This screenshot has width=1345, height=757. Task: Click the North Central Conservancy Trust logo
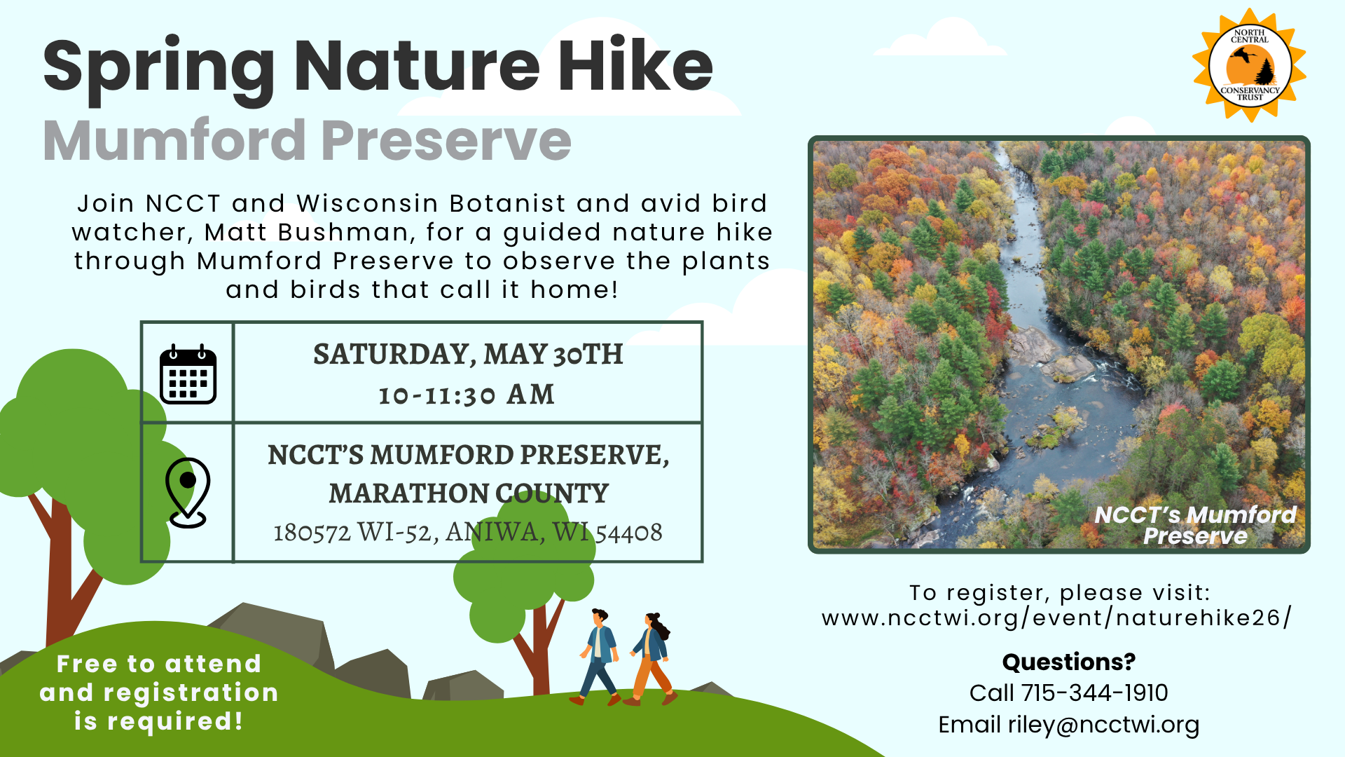point(1250,65)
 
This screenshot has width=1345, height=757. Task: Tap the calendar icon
point(188,374)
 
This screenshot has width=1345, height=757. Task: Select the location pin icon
point(188,492)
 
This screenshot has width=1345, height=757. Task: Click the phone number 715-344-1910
point(1094,693)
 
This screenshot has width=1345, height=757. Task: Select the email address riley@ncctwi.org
point(1103,725)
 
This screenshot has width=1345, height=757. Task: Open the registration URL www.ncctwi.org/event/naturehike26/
point(1056,618)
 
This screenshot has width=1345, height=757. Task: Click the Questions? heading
point(1068,662)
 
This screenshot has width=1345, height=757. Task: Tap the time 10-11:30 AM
point(467,395)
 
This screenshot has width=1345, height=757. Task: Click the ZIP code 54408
point(628,533)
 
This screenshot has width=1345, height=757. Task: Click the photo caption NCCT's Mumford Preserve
point(1195,525)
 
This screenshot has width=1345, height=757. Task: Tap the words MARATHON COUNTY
point(469,493)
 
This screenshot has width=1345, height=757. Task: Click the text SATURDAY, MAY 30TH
point(468,354)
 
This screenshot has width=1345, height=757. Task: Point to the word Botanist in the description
point(507,203)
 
